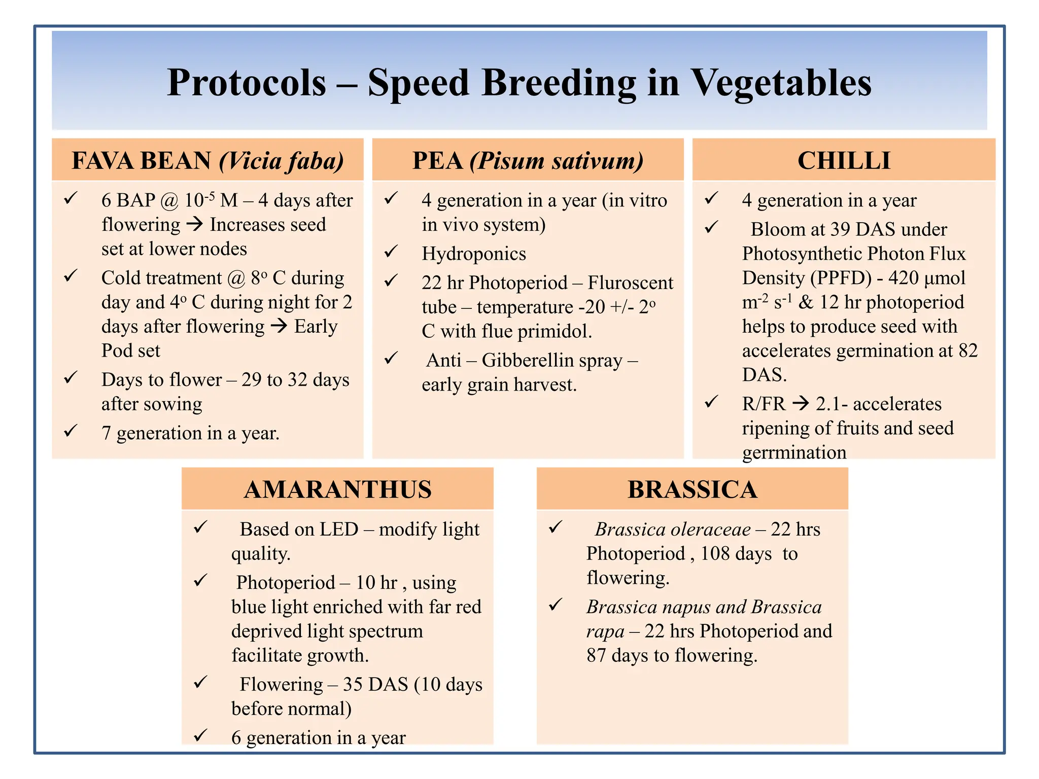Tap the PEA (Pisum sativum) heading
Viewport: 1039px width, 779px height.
coord(528,161)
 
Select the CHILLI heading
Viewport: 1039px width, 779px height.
coord(844,161)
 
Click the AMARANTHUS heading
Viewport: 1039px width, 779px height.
coord(337,490)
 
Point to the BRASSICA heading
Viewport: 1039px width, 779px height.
coord(692,490)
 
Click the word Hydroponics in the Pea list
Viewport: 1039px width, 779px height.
coord(474,254)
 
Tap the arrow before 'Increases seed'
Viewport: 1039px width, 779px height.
coord(195,224)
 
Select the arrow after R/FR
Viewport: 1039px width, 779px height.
coord(801,404)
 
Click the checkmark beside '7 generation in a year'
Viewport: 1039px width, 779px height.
coord(71,431)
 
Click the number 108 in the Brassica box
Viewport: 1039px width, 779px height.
coord(715,554)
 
